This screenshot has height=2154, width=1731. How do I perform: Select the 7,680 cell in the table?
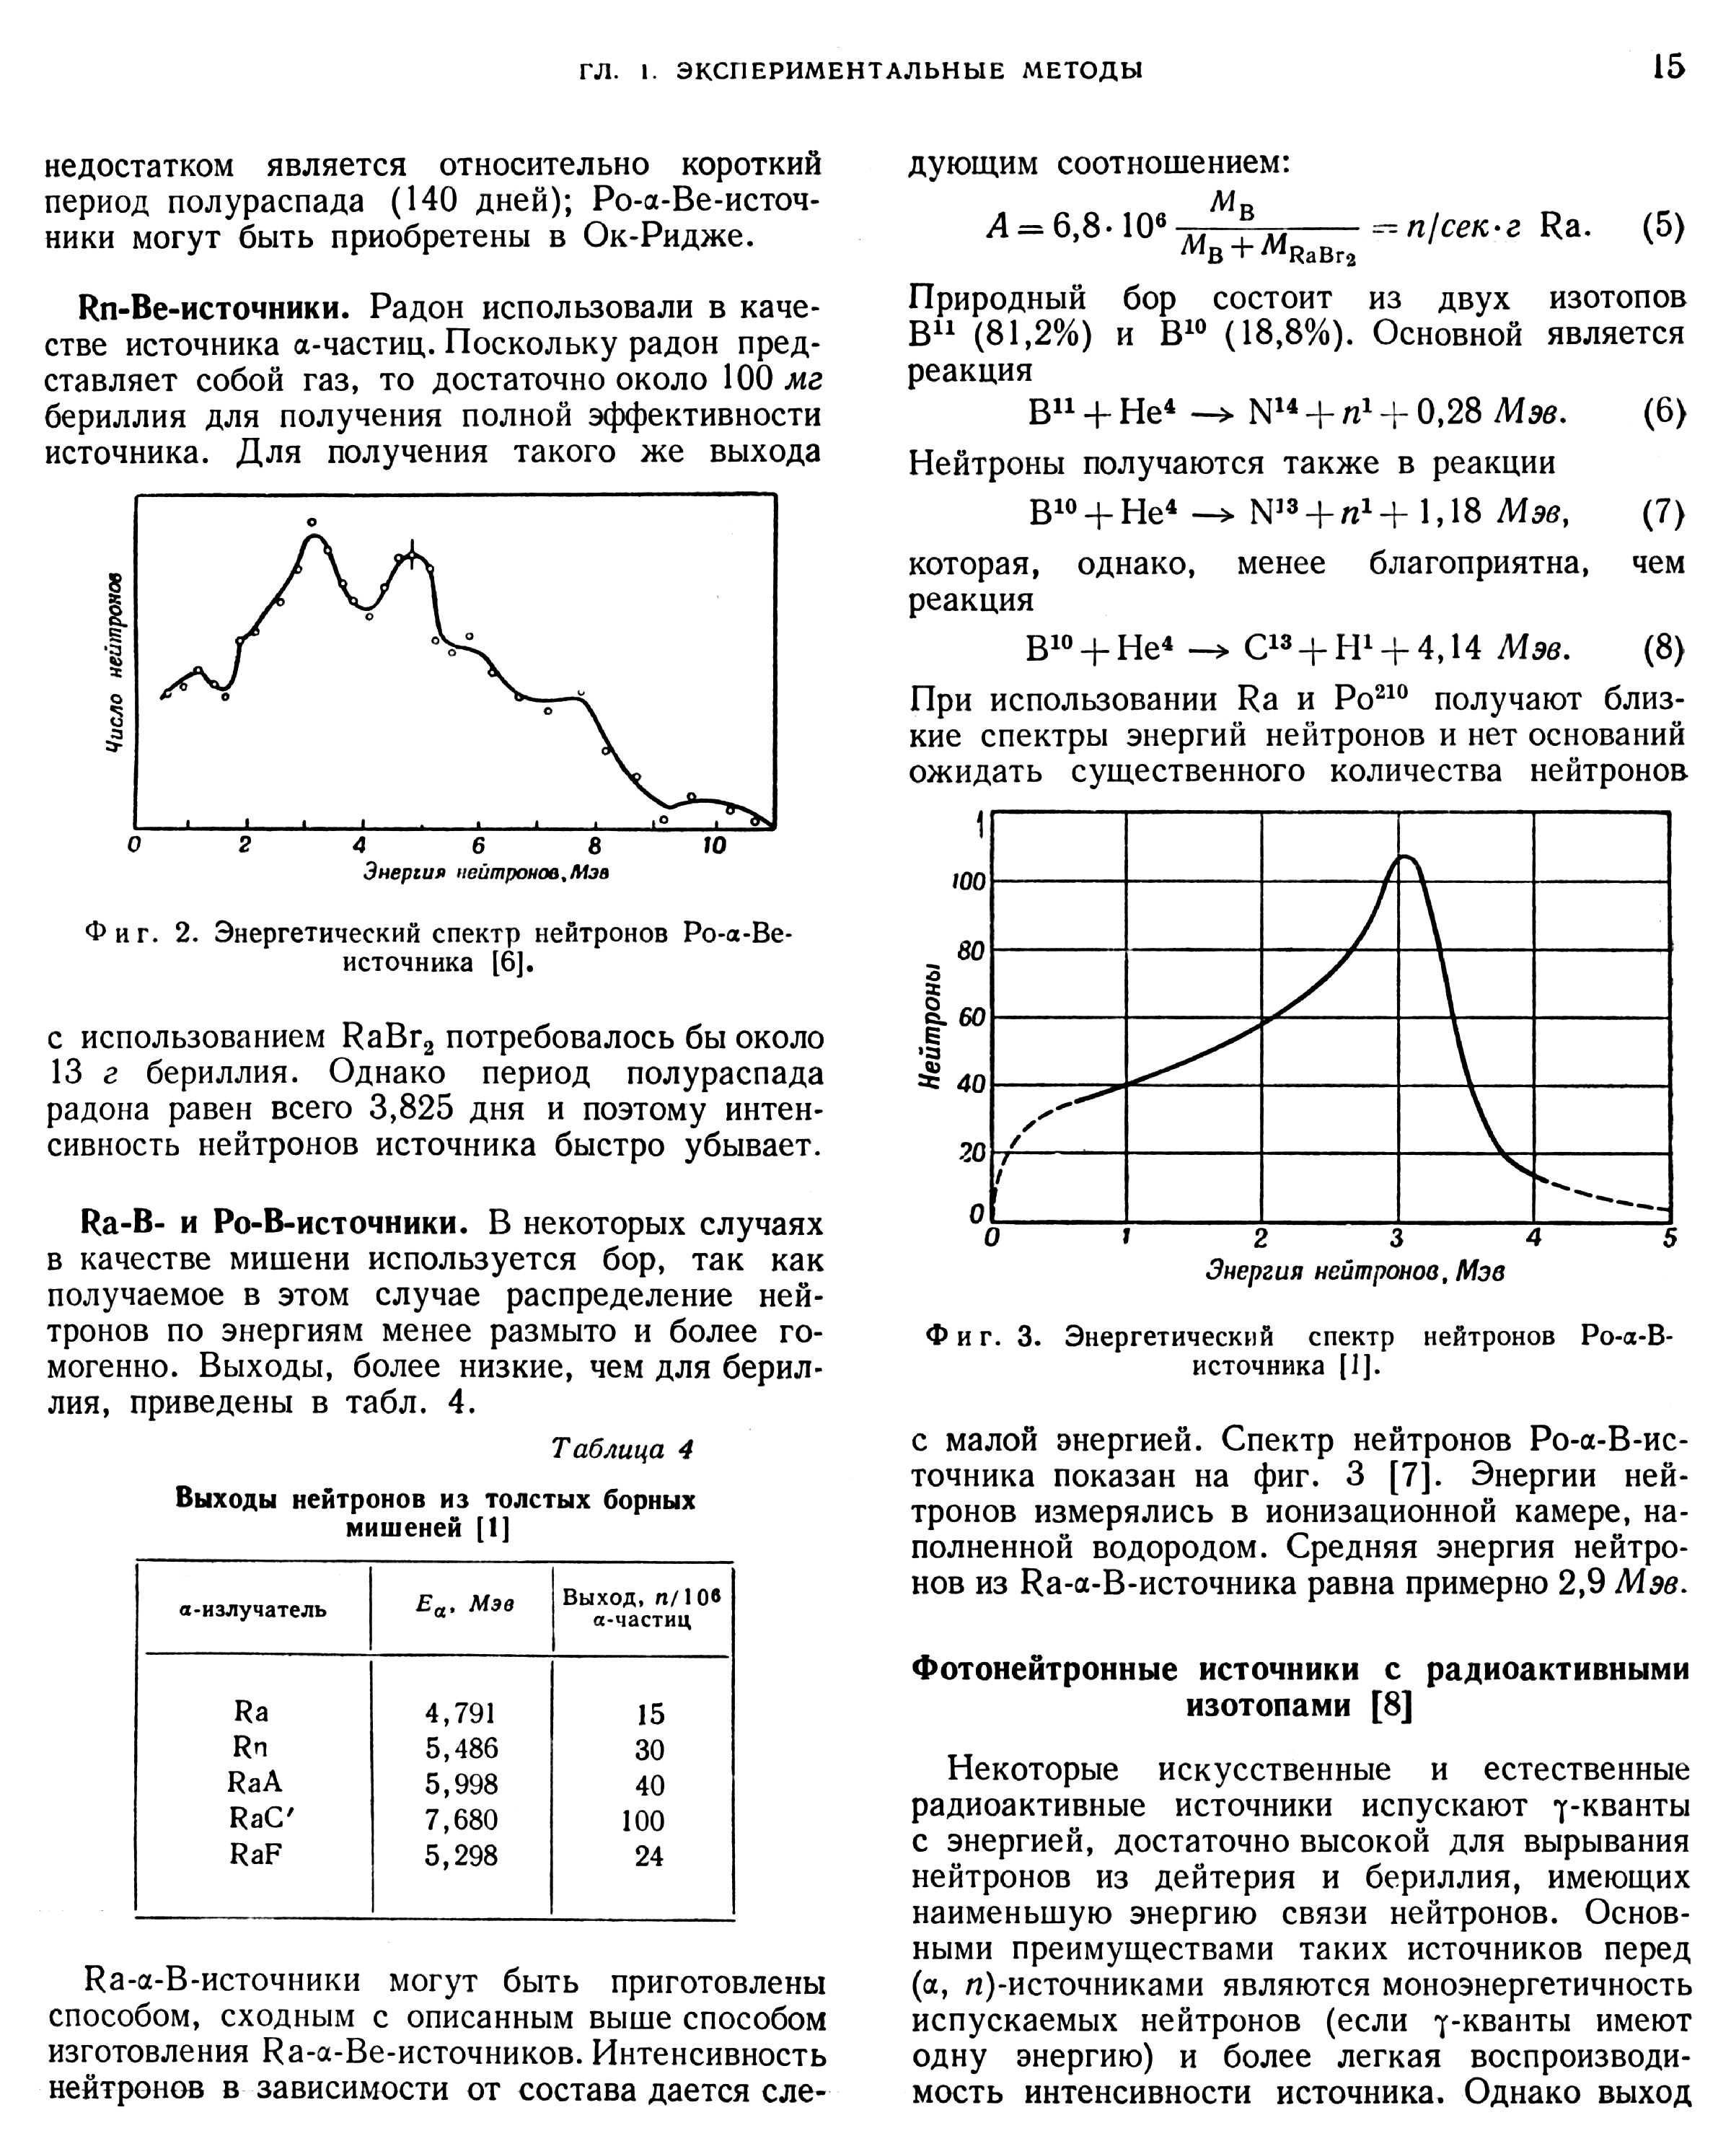[x=460, y=1819]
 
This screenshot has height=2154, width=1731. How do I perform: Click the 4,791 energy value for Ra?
[x=460, y=1713]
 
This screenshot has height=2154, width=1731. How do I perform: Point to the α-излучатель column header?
[x=252, y=1609]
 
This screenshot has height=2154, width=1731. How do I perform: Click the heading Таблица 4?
[x=622, y=1449]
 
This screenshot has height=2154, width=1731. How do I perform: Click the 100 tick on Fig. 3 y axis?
[x=968, y=882]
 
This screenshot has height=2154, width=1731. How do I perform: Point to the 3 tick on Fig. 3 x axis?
[x=1396, y=1239]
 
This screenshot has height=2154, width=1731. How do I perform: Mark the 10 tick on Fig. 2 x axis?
[x=713, y=845]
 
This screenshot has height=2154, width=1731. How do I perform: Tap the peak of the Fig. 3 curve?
[x=1404, y=856]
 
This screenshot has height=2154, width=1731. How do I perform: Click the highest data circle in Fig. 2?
[x=312, y=522]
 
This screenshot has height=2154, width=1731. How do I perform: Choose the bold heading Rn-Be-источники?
[x=203, y=307]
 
